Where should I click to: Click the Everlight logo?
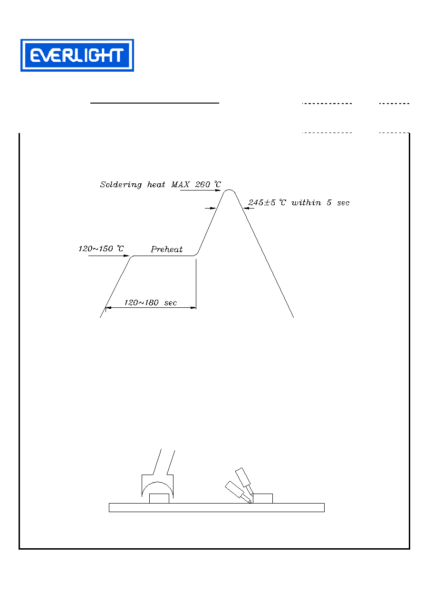[x=77, y=55]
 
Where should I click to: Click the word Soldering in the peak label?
[x=121, y=185]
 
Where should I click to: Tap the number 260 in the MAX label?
[x=202, y=184]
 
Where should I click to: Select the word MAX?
[x=180, y=184]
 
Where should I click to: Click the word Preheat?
[x=166, y=249]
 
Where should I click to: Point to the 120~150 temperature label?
[x=101, y=249]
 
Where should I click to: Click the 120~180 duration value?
[x=141, y=303]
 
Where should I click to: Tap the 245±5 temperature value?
[x=261, y=202]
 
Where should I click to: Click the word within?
[x=306, y=203]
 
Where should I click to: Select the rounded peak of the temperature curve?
[x=229, y=190]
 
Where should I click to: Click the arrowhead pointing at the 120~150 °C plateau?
[x=126, y=256]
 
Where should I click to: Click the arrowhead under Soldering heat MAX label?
[x=218, y=190]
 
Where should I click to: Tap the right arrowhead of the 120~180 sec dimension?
[x=193, y=308]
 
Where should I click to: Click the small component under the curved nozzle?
[x=159, y=498]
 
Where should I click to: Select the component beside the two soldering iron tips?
[x=263, y=498]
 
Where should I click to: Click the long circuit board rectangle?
[x=217, y=507]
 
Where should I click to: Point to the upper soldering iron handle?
[x=243, y=477]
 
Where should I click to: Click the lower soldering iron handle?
[x=234, y=489]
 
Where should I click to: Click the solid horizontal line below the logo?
[x=154, y=103]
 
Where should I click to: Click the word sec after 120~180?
[x=171, y=303]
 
